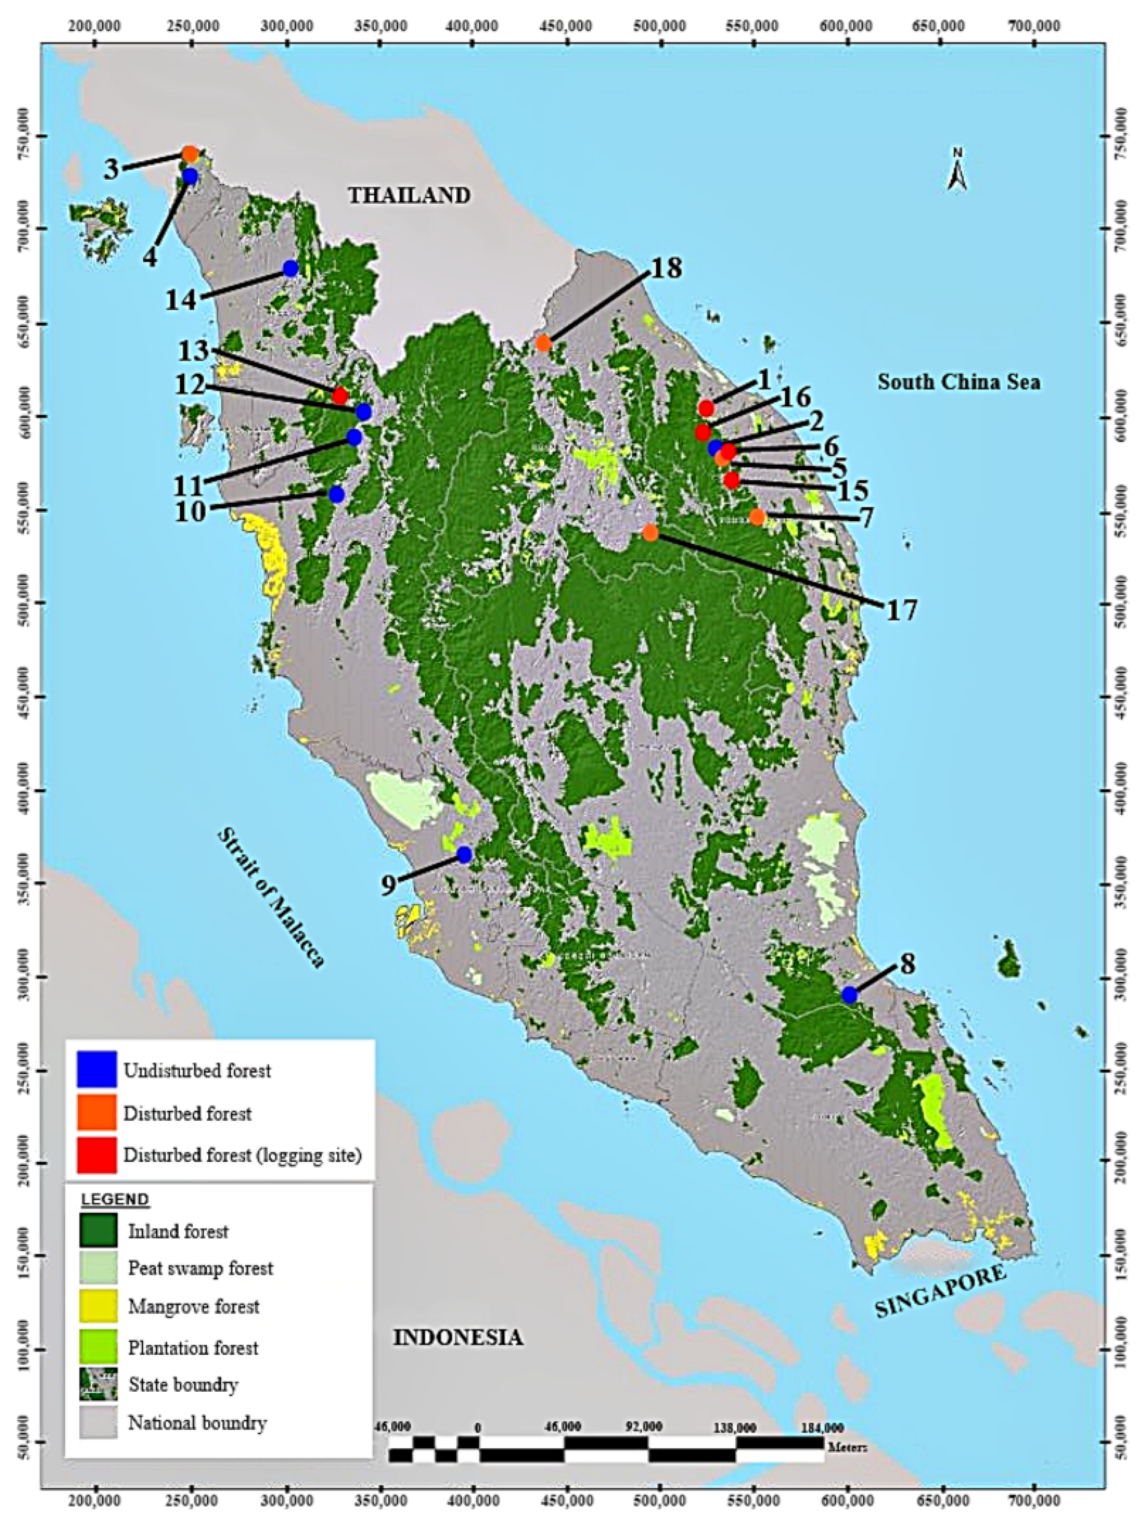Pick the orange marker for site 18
coord(543,343)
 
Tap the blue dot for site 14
coord(290,269)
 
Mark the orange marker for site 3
coord(190,154)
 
